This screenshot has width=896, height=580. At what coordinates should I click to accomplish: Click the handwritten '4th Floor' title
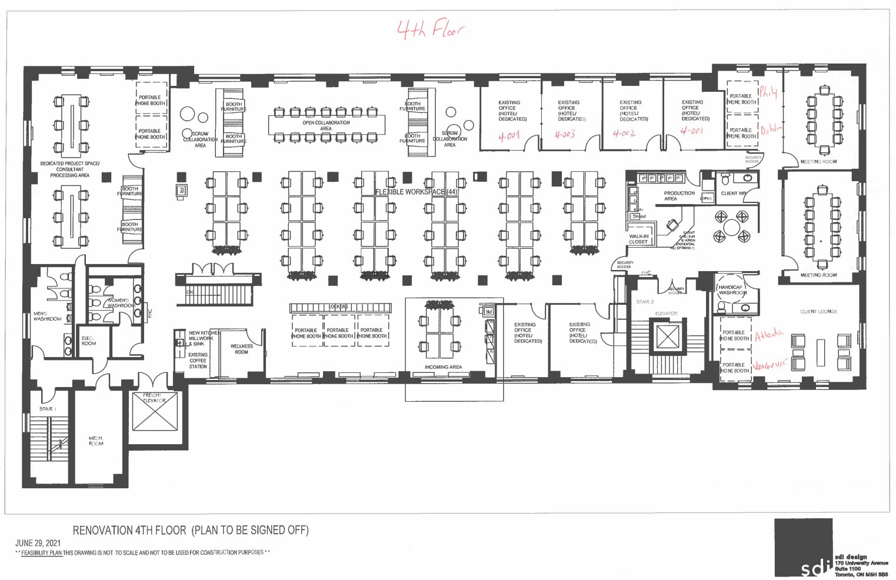(430, 29)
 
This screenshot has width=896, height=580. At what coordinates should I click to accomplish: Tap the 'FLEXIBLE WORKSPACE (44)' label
(417, 192)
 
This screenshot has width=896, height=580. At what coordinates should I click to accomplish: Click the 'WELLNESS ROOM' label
(241, 349)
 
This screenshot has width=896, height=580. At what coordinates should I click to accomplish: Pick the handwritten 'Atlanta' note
(769, 335)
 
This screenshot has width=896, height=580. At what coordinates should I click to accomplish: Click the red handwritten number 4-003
(565, 135)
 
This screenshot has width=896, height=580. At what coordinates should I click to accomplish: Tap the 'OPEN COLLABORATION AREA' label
(326, 125)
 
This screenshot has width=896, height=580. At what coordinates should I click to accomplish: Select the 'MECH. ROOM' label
(96, 441)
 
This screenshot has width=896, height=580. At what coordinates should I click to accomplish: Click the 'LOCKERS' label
(338, 307)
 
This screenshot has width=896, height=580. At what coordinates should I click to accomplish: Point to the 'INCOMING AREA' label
(443, 367)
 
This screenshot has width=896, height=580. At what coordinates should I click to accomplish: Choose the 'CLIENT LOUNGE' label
(818, 312)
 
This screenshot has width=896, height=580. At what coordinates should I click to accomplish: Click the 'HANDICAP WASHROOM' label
(731, 290)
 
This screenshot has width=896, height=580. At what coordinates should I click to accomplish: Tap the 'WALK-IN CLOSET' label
(638, 239)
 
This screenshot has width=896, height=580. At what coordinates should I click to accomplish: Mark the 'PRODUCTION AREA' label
(679, 196)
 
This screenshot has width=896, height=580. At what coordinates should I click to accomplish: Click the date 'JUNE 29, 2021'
(38, 543)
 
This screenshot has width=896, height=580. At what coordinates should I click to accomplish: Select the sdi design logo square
(803, 547)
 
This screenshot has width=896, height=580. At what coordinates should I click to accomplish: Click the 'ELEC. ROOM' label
(88, 341)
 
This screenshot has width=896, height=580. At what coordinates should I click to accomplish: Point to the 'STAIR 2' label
(645, 302)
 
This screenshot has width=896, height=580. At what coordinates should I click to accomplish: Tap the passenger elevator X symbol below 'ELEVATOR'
(667, 337)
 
